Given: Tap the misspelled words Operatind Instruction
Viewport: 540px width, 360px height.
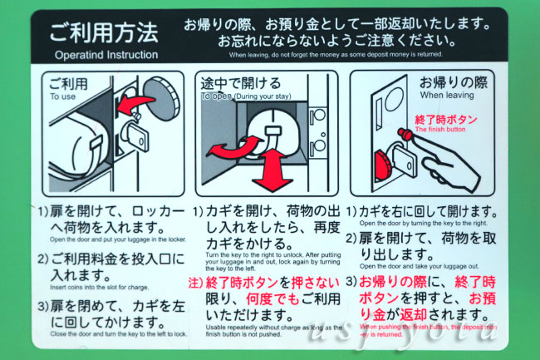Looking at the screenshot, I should coord(106,55).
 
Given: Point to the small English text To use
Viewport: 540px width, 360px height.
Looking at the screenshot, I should coord(61,97).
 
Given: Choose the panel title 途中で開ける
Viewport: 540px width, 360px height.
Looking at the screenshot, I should coord(241,84).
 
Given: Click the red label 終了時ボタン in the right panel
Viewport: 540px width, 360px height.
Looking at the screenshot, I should coord(446,120).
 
